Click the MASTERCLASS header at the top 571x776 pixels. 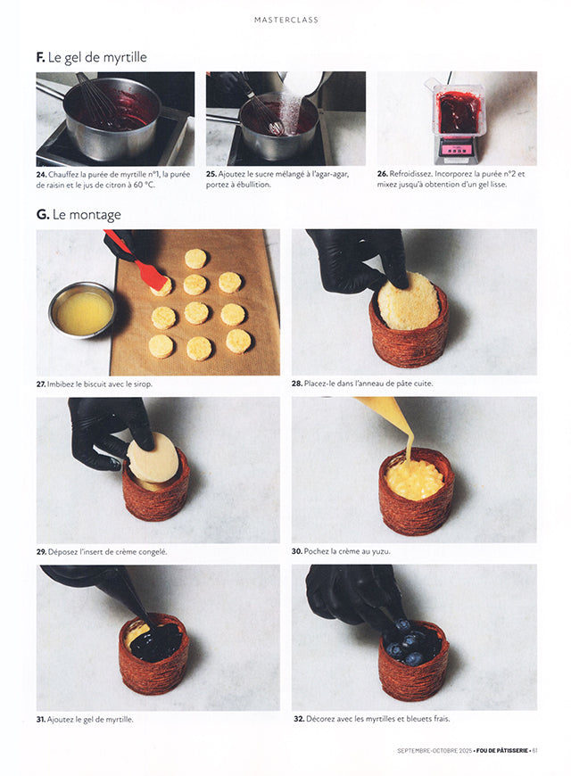point(286,20)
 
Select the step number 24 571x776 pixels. point(41,175)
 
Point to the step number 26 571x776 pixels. point(383,174)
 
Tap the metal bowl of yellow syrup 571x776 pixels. point(82,310)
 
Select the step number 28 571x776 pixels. point(296,384)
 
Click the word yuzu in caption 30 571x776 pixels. point(381,551)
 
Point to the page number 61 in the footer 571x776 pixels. point(534,751)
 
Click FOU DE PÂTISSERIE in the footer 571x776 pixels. point(502,751)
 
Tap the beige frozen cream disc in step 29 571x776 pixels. point(153,458)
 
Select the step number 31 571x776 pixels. point(41,720)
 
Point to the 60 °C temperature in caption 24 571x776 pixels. point(144,186)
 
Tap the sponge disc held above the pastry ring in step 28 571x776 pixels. point(408,301)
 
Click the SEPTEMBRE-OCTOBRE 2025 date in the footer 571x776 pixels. point(434,751)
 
